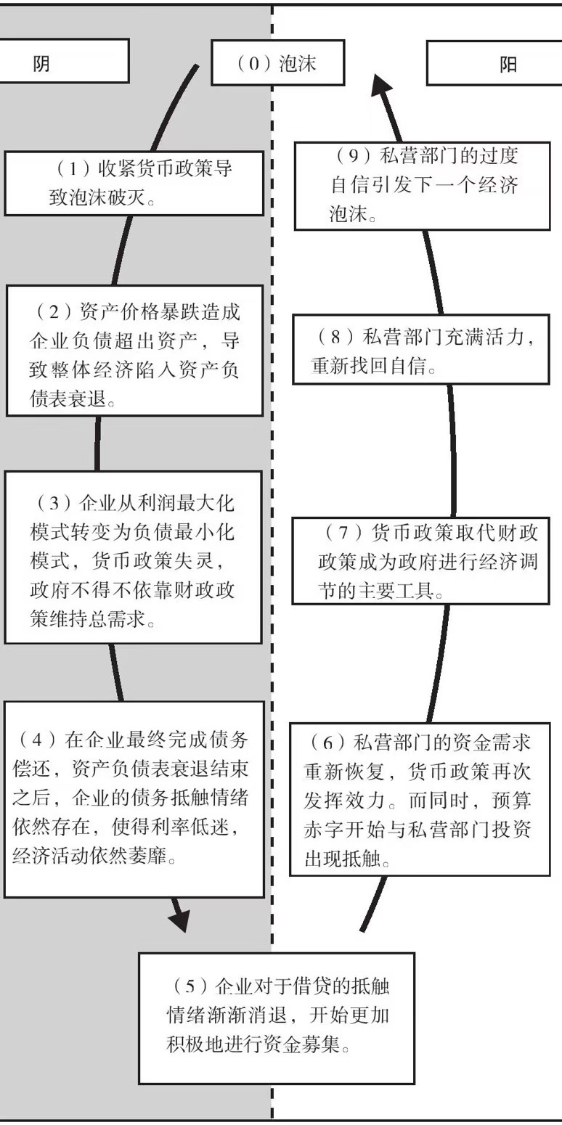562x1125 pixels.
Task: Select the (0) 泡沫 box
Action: (x=277, y=63)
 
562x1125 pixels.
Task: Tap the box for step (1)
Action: (x=135, y=183)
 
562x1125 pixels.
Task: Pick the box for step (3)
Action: (x=133, y=557)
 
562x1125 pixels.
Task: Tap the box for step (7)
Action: (x=421, y=561)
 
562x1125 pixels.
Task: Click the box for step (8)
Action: (x=421, y=352)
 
